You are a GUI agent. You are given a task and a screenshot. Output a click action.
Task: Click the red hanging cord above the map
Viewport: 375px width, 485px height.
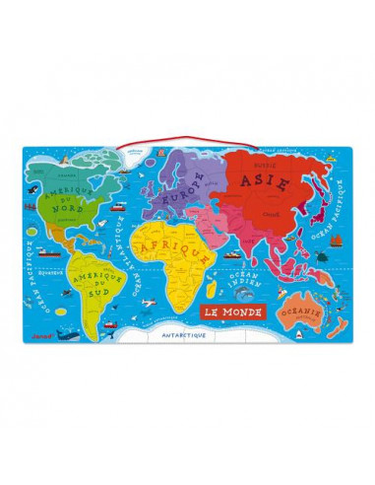(x=187, y=136)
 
